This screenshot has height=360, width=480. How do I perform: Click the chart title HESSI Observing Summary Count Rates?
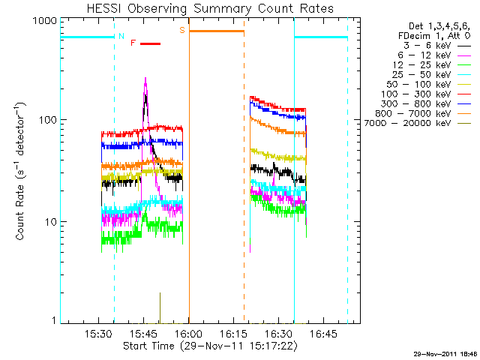tap(211, 8)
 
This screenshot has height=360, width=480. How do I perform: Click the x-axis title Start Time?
tap(210, 346)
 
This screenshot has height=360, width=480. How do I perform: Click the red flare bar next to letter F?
tap(150, 43)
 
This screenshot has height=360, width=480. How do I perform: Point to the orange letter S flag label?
tap(181, 31)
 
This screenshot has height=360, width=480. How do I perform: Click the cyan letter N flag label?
tap(122, 35)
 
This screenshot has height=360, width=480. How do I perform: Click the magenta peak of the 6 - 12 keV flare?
tap(145, 79)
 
